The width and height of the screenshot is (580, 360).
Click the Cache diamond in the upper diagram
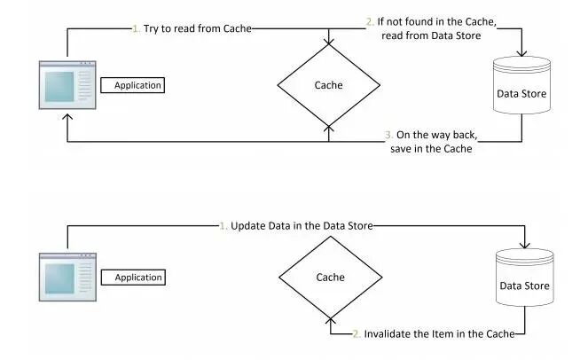pyautogui.click(x=329, y=86)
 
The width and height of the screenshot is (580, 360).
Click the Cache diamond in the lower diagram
pyautogui.click(x=330, y=278)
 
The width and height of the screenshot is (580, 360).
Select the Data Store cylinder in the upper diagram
pyautogui.click(x=521, y=93)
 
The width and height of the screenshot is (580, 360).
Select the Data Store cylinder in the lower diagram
pyautogui.click(x=523, y=285)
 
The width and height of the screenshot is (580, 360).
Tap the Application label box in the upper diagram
pyautogui.click(x=134, y=85)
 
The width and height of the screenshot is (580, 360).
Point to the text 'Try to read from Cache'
pyautogui.click(x=196, y=28)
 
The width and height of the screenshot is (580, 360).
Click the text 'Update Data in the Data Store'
pyautogui.click(x=302, y=225)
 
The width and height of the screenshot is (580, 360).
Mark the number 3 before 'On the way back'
pyautogui.click(x=388, y=135)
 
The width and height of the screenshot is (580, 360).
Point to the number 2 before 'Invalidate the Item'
pyautogui.click(x=356, y=333)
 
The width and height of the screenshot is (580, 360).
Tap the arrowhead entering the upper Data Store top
pyautogui.click(x=521, y=55)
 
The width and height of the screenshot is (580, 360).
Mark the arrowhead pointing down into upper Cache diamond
pyautogui.click(x=329, y=41)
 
